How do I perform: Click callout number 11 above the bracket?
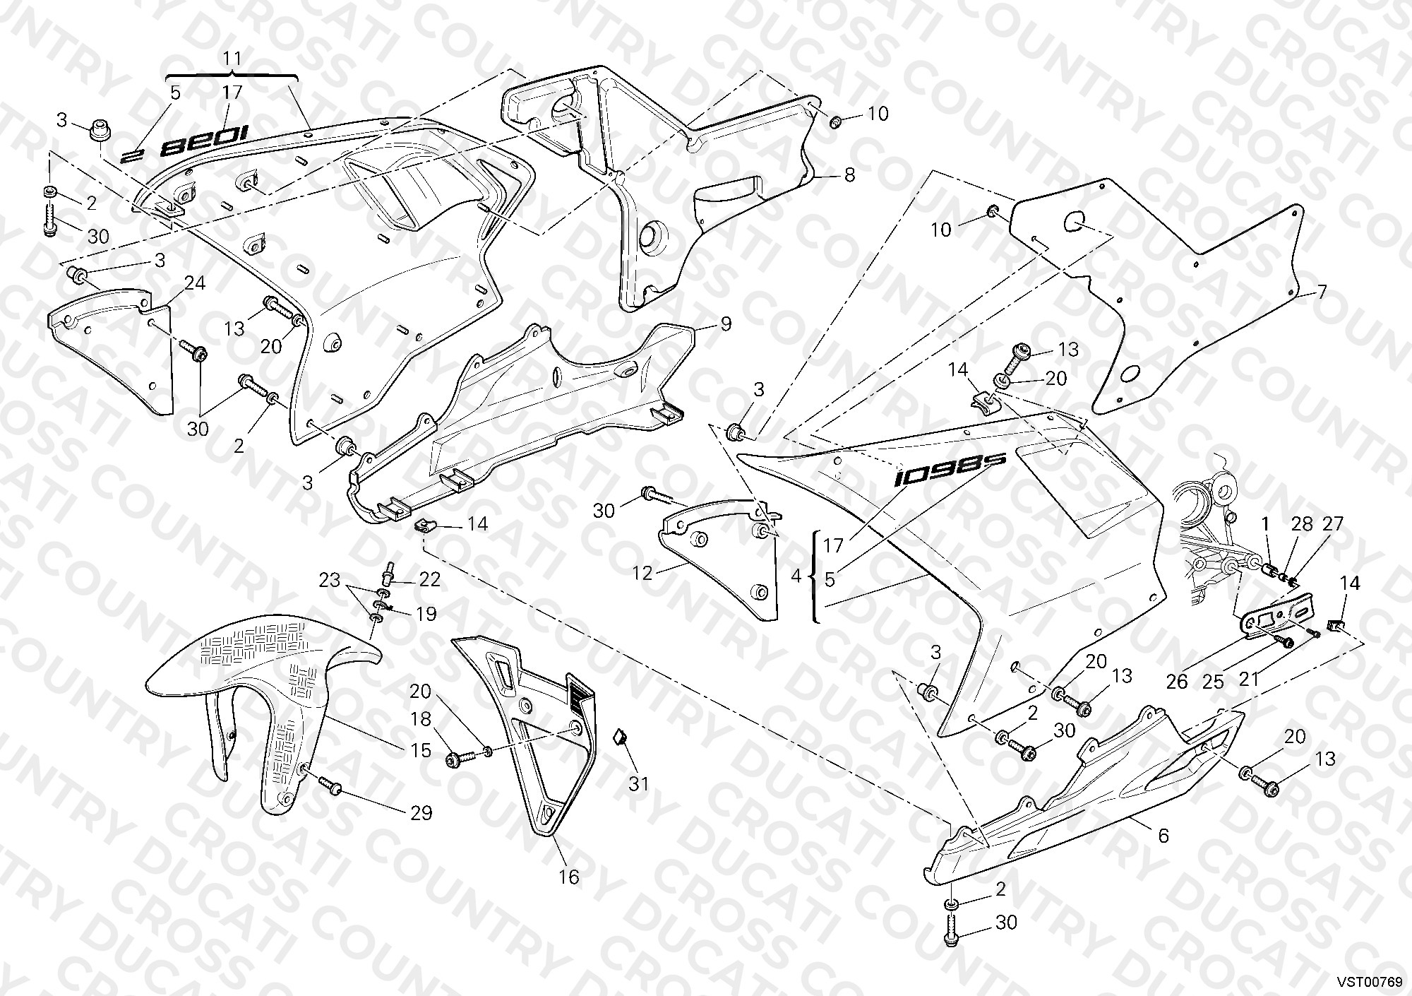pos(232,58)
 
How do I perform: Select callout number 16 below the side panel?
pos(569,877)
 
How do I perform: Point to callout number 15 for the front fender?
pos(421,749)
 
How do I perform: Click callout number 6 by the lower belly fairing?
pos(1163,836)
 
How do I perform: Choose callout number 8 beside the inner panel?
pos(849,174)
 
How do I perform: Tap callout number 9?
pos(726,324)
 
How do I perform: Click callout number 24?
pos(195,283)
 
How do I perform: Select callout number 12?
pos(642,573)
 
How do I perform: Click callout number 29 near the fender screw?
pos(421,813)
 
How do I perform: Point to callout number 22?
pos(429,580)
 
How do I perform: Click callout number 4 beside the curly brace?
pos(796,576)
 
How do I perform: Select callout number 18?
pos(421,719)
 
